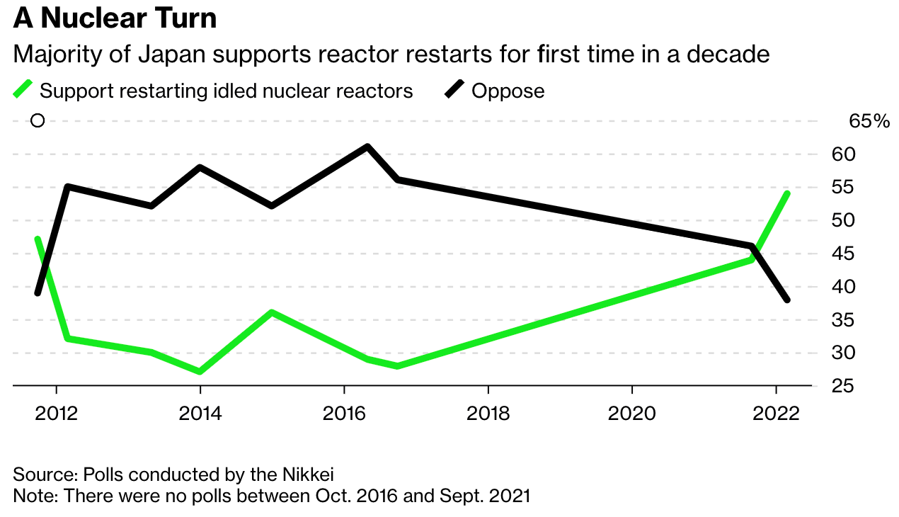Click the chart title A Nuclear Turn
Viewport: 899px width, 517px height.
(115, 18)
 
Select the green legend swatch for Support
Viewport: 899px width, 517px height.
(23, 91)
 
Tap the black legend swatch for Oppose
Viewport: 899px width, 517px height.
(454, 91)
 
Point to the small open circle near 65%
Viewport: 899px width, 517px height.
(38, 121)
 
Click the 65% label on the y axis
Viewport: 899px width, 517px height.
(869, 121)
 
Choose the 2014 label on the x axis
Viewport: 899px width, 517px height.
(200, 413)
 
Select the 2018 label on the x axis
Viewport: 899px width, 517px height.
(488, 413)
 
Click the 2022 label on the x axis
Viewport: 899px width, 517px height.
(777, 413)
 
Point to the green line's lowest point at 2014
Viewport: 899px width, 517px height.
(200, 372)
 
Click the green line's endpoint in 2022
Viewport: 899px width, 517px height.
(788, 193)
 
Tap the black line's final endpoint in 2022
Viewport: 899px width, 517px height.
(788, 300)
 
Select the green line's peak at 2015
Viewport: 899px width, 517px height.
(272, 312)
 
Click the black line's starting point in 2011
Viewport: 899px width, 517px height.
(37, 293)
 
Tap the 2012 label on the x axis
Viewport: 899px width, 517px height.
(57, 413)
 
